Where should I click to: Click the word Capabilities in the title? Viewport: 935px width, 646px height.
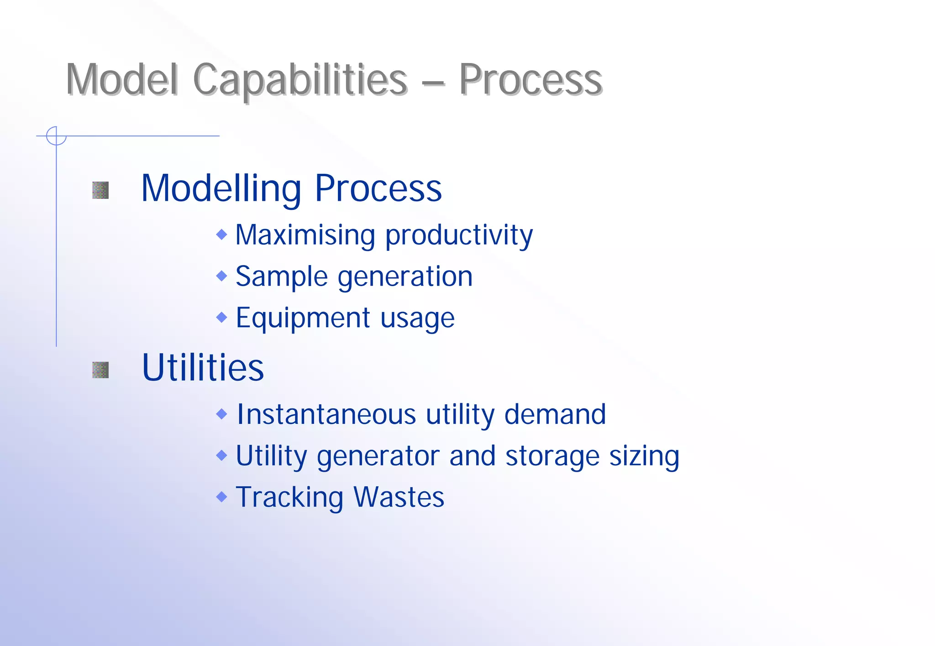300,80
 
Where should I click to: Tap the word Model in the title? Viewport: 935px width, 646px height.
121,80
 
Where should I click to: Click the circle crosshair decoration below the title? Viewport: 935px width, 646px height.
56,136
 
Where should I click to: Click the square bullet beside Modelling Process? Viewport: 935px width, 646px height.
100,190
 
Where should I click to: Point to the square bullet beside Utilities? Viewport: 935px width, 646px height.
100,370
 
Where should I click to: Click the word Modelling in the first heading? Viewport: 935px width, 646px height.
221,189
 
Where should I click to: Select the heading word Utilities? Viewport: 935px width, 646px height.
203,368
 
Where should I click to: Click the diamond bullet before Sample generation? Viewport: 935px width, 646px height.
221,276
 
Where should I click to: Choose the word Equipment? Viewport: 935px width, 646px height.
303,318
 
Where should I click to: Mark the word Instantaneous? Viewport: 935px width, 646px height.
326,414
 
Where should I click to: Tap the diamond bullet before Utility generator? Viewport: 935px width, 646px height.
221,455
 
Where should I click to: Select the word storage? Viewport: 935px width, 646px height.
552,457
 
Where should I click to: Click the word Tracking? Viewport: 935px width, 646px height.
289,498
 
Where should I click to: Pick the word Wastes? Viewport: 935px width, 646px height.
399,497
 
